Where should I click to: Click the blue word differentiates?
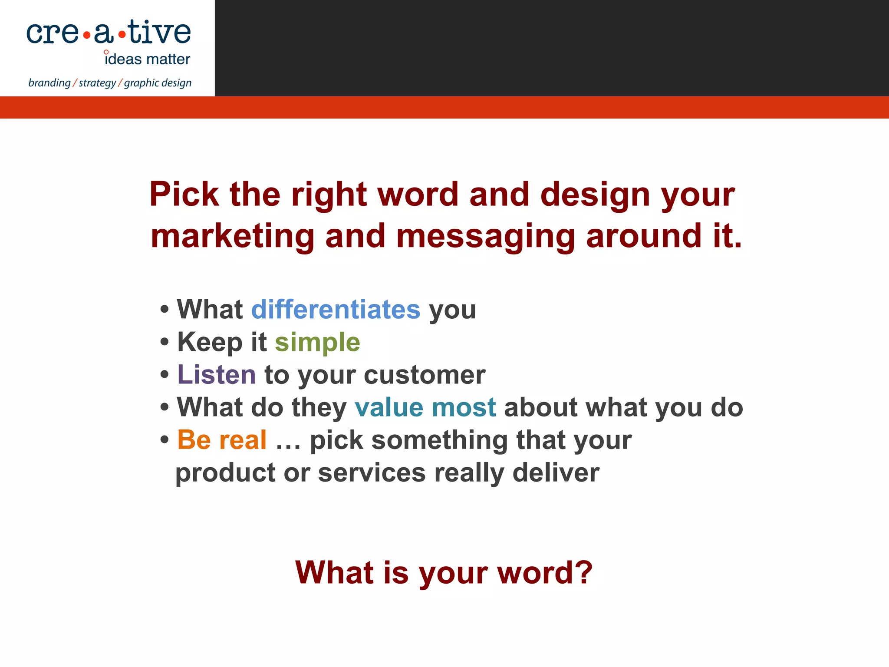336,310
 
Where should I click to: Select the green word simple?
317,343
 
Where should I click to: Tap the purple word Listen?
216,375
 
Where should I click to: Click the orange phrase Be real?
222,440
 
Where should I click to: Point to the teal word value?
389,407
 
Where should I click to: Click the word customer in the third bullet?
425,375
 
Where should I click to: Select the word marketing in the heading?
232,237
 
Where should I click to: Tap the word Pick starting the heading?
184,194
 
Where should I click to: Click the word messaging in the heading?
485,237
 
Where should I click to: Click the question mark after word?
585,572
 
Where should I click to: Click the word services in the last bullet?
372,472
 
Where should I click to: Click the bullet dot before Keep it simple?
164,342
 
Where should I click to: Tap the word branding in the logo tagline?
49,83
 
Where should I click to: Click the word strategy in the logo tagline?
97,83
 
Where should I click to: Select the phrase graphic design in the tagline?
158,83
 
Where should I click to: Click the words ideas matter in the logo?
148,59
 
